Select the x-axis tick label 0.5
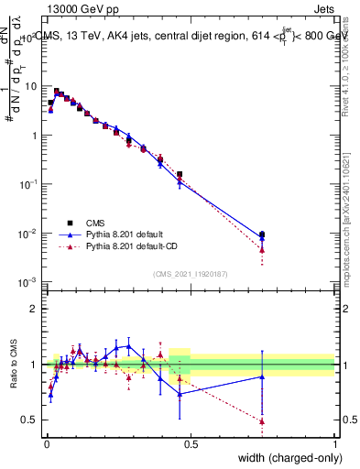tap(190, 443)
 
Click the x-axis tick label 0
tap(46, 443)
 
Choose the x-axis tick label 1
tap(334, 443)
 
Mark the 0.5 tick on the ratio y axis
tap(31, 420)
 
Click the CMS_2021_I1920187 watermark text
tap(190, 273)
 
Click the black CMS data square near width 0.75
tap(262, 234)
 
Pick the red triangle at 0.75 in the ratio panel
tap(262, 421)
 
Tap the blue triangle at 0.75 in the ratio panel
tap(262, 376)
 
